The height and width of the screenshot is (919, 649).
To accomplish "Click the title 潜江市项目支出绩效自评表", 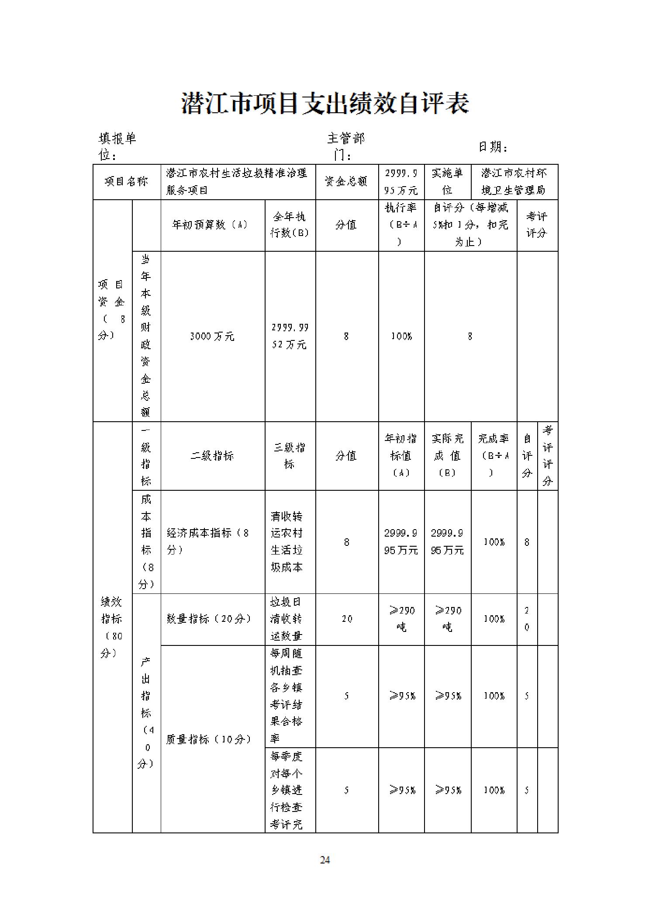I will point(325,104).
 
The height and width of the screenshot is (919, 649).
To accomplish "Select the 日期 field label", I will point(493,147).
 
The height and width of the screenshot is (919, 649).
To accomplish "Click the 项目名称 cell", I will point(127,182).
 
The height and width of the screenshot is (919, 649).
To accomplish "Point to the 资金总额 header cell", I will point(346,182).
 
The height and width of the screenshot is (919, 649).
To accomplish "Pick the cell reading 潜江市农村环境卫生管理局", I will point(514,182).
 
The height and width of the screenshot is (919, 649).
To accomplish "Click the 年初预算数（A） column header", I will point(212,225).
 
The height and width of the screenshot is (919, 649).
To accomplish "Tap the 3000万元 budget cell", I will point(212,336).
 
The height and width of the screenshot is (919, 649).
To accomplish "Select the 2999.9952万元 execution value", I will point(290,336).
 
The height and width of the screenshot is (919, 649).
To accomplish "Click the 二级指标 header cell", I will point(212,456).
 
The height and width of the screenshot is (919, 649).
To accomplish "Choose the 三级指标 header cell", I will point(290,456).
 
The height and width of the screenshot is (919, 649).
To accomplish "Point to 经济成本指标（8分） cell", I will point(208,541).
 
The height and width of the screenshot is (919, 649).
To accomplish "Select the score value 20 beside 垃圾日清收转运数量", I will point(347,619).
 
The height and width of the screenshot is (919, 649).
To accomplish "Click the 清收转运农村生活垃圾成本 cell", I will point(287,541).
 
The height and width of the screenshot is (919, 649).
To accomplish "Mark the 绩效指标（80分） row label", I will point(112,627).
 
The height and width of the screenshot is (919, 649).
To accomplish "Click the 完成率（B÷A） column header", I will point(494,456).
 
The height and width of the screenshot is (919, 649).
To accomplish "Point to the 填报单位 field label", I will point(117,147).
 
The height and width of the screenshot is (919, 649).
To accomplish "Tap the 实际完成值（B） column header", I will point(447,456).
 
